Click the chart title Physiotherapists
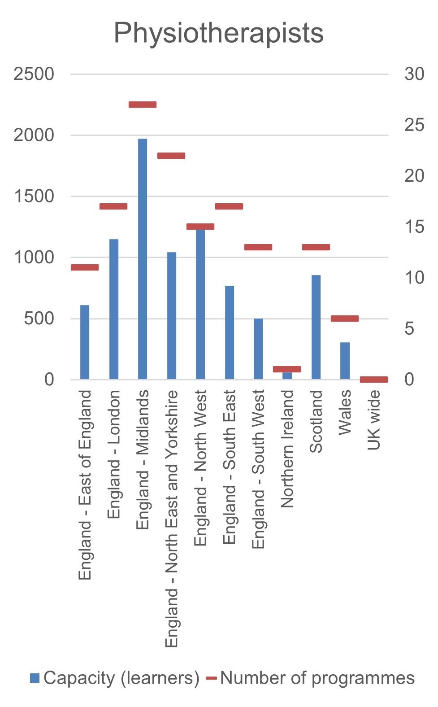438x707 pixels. pyautogui.click(x=218, y=33)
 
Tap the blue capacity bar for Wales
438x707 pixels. pyautogui.click(x=345, y=361)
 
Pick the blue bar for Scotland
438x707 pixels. pyautogui.click(x=316, y=327)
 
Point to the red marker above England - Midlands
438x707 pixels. pyautogui.click(x=143, y=105)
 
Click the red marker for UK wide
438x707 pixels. pyautogui.click(x=374, y=380)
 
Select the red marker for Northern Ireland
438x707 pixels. pyautogui.click(x=287, y=369)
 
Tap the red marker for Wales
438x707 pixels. pyautogui.click(x=345, y=319)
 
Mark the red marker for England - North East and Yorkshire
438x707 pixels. pyautogui.click(x=171, y=156)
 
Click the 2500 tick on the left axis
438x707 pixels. pyautogui.click(x=34, y=74)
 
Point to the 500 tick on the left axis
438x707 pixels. pyautogui.click(x=39, y=319)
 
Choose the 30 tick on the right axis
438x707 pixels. pyautogui.click(x=414, y=74)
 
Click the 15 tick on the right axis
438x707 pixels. pyautogui.click(x=414, y=227)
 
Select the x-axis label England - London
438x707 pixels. pyautogui.click(x=114, y=454)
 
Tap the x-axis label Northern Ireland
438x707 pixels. pyautogui.click(x=287, y=449)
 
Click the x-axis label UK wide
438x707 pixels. pyautogui.click(x=374, y=420)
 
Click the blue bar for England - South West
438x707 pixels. pyautogui.click(x=258, y=349)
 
